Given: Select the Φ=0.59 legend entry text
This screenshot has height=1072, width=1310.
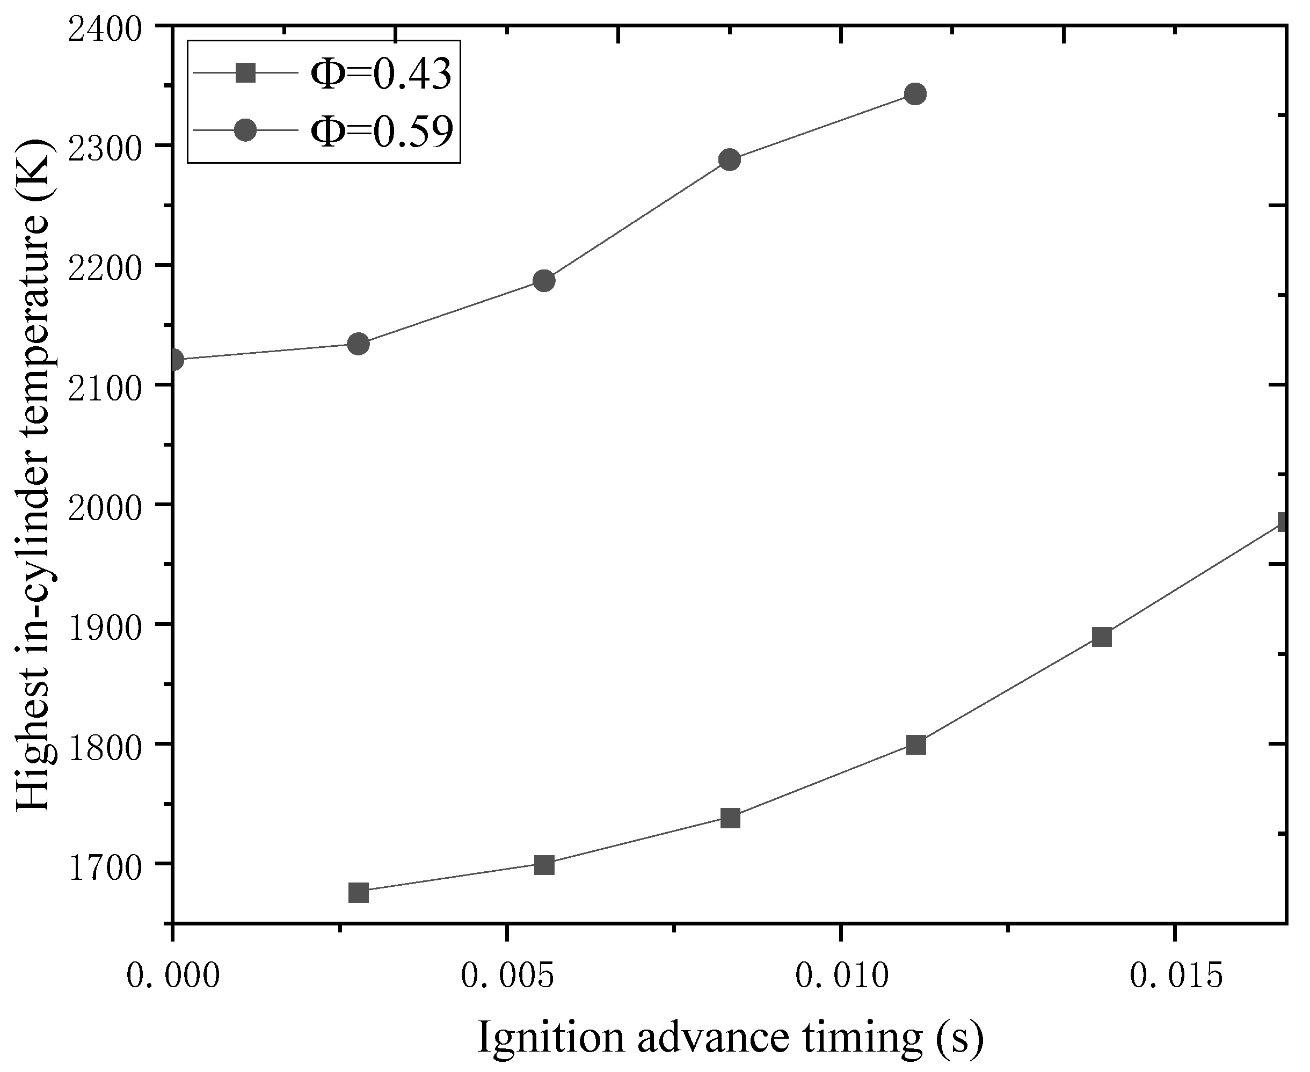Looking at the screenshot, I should (x=381, y=130).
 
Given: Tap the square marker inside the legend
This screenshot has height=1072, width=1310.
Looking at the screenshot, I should (x=246, y=73).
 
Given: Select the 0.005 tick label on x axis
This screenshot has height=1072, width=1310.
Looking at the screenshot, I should (x=507, y=976).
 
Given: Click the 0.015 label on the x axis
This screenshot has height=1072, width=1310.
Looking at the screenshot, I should (x=1175, y=976).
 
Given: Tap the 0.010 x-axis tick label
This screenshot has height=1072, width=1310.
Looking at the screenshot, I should (x=841, y=976).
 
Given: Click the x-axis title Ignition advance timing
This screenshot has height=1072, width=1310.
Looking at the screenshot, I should (x=730, y=1038).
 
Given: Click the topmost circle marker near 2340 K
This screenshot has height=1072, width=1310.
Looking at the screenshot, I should (x=915, y=94).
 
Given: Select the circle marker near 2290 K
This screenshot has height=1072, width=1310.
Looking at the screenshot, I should (x=730, y=160).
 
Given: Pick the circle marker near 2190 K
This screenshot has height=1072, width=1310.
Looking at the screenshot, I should (x=543, y=280).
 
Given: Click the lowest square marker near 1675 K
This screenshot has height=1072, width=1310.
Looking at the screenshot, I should (x=358, y=893).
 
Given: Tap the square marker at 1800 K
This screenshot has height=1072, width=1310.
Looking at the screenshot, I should (x=915, y=745).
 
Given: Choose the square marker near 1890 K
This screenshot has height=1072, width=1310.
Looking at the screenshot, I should (x=1101, y=637).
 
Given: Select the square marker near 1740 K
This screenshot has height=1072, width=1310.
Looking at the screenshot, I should (x=730, y=818).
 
